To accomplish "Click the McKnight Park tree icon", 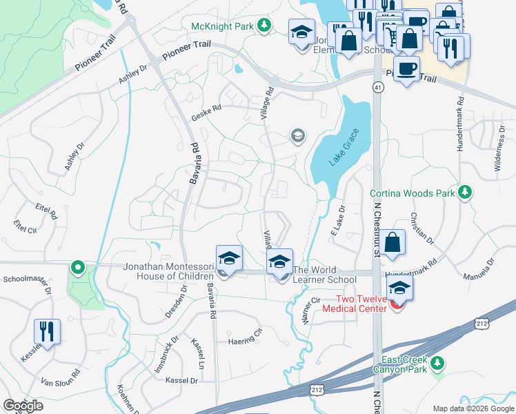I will click(x=263, y=26).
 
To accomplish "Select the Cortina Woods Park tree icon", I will click(x=466, y=193).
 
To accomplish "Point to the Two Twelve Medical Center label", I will click(x=357, y=304).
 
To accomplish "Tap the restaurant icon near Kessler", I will click(x=47, y=331).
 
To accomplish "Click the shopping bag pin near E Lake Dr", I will click(x=392, y=243).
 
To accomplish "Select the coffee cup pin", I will click(x=407, y=68).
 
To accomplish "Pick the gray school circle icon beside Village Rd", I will click(x=298, y=135).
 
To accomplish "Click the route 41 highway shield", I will click(x=377, y=87).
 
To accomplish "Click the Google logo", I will click(x=23, y=406).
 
